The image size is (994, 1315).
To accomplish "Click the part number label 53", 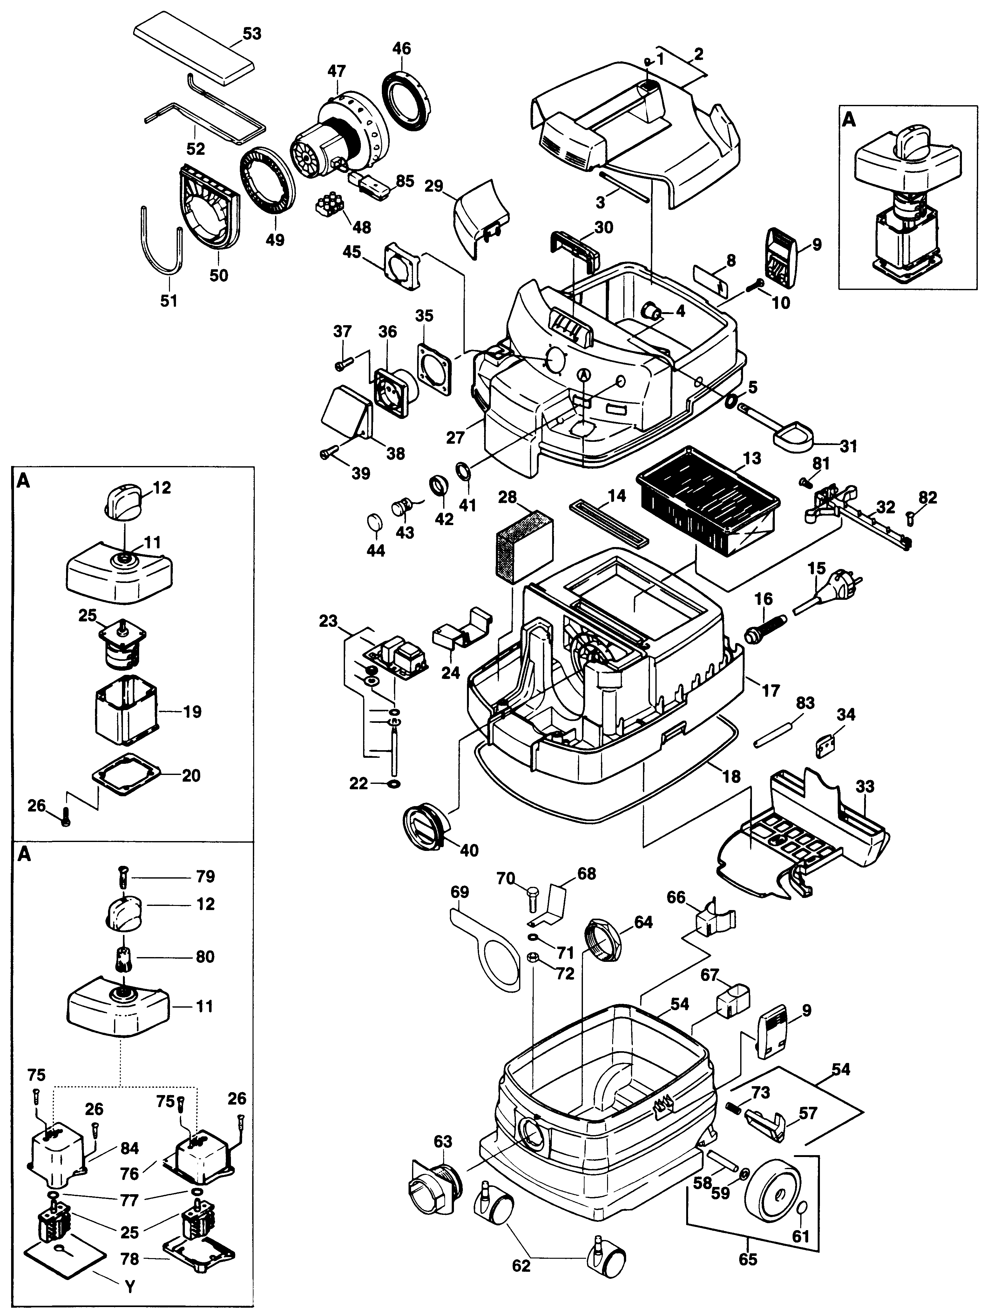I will (252, 34).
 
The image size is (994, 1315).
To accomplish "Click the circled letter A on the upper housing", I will (585, 375).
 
